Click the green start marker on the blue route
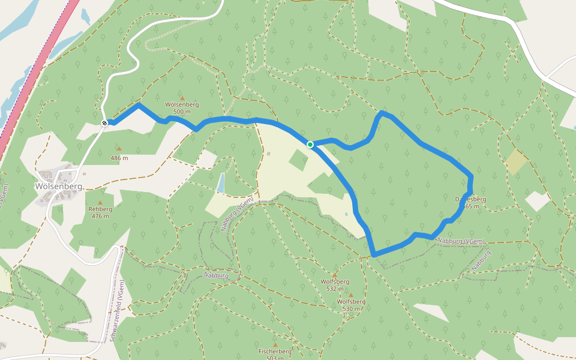click(310, 144)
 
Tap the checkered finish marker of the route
click(105, 123)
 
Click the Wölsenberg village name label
click(58, 186)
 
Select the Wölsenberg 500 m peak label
click(182, 108)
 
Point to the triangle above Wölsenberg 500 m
click(182, 97)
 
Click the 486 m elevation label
click(119, 158)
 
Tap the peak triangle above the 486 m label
click(119, 148)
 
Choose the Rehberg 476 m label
click(100, 212)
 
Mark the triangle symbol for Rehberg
click(100, 202)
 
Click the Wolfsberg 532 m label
click(335, 284)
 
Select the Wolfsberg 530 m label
click(351, 305)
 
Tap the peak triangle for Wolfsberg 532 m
click(335, 275)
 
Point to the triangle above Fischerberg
click(275, 344)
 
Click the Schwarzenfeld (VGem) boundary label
click(118, 311)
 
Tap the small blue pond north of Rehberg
click(221, 182)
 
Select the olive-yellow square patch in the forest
click(516, 161)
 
